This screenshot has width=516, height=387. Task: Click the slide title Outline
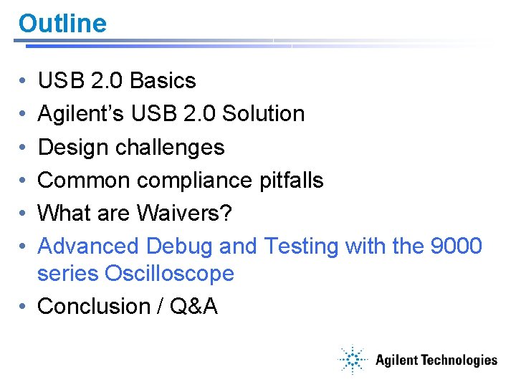62,23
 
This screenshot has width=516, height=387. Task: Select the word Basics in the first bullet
163,81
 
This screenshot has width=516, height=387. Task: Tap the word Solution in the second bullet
263,114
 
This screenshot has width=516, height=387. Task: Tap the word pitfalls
292,180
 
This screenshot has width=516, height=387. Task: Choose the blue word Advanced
88,246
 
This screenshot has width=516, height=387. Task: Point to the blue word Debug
179,246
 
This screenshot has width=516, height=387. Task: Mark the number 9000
456,246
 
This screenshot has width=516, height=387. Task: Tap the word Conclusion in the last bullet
92,306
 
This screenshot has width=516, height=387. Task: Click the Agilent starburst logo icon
353,359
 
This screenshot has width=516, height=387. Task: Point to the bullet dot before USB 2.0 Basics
24,82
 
